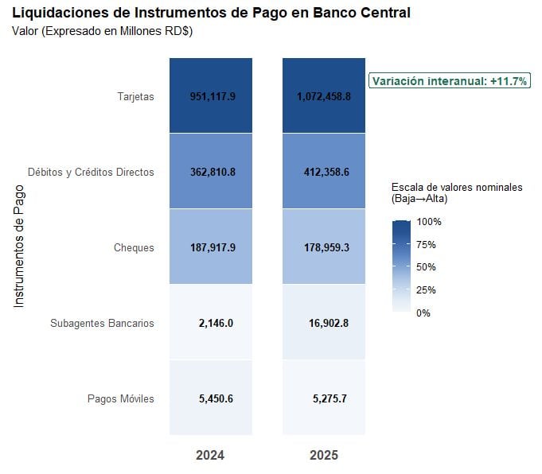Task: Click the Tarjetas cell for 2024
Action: coord(212,96)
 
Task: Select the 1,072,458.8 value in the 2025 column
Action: coord(324,96)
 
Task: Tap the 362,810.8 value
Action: coord(212,172)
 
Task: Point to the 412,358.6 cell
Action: coord(324,172)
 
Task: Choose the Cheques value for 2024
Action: coord(212,247)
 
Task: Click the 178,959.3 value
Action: coord(324,247)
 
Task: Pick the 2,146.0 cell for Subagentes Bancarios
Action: coord(212,323)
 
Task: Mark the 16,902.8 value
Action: coord(324,323)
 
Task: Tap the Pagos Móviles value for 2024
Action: coord(212,398)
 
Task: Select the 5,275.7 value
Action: coord(324,398)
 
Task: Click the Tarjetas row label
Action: coord(135,97)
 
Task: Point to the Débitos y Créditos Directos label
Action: coord(91,172)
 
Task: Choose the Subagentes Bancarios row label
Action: coord(102,324)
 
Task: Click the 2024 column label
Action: coord(211,456)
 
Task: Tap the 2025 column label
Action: coord(324,456)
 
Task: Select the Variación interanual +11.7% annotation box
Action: coord(450,81)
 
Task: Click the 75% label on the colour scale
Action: coord(426,244)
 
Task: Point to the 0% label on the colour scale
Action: coord(423,313)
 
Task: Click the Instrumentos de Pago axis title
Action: coord(20,247)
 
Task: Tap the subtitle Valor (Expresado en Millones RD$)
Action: coord(103,31)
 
